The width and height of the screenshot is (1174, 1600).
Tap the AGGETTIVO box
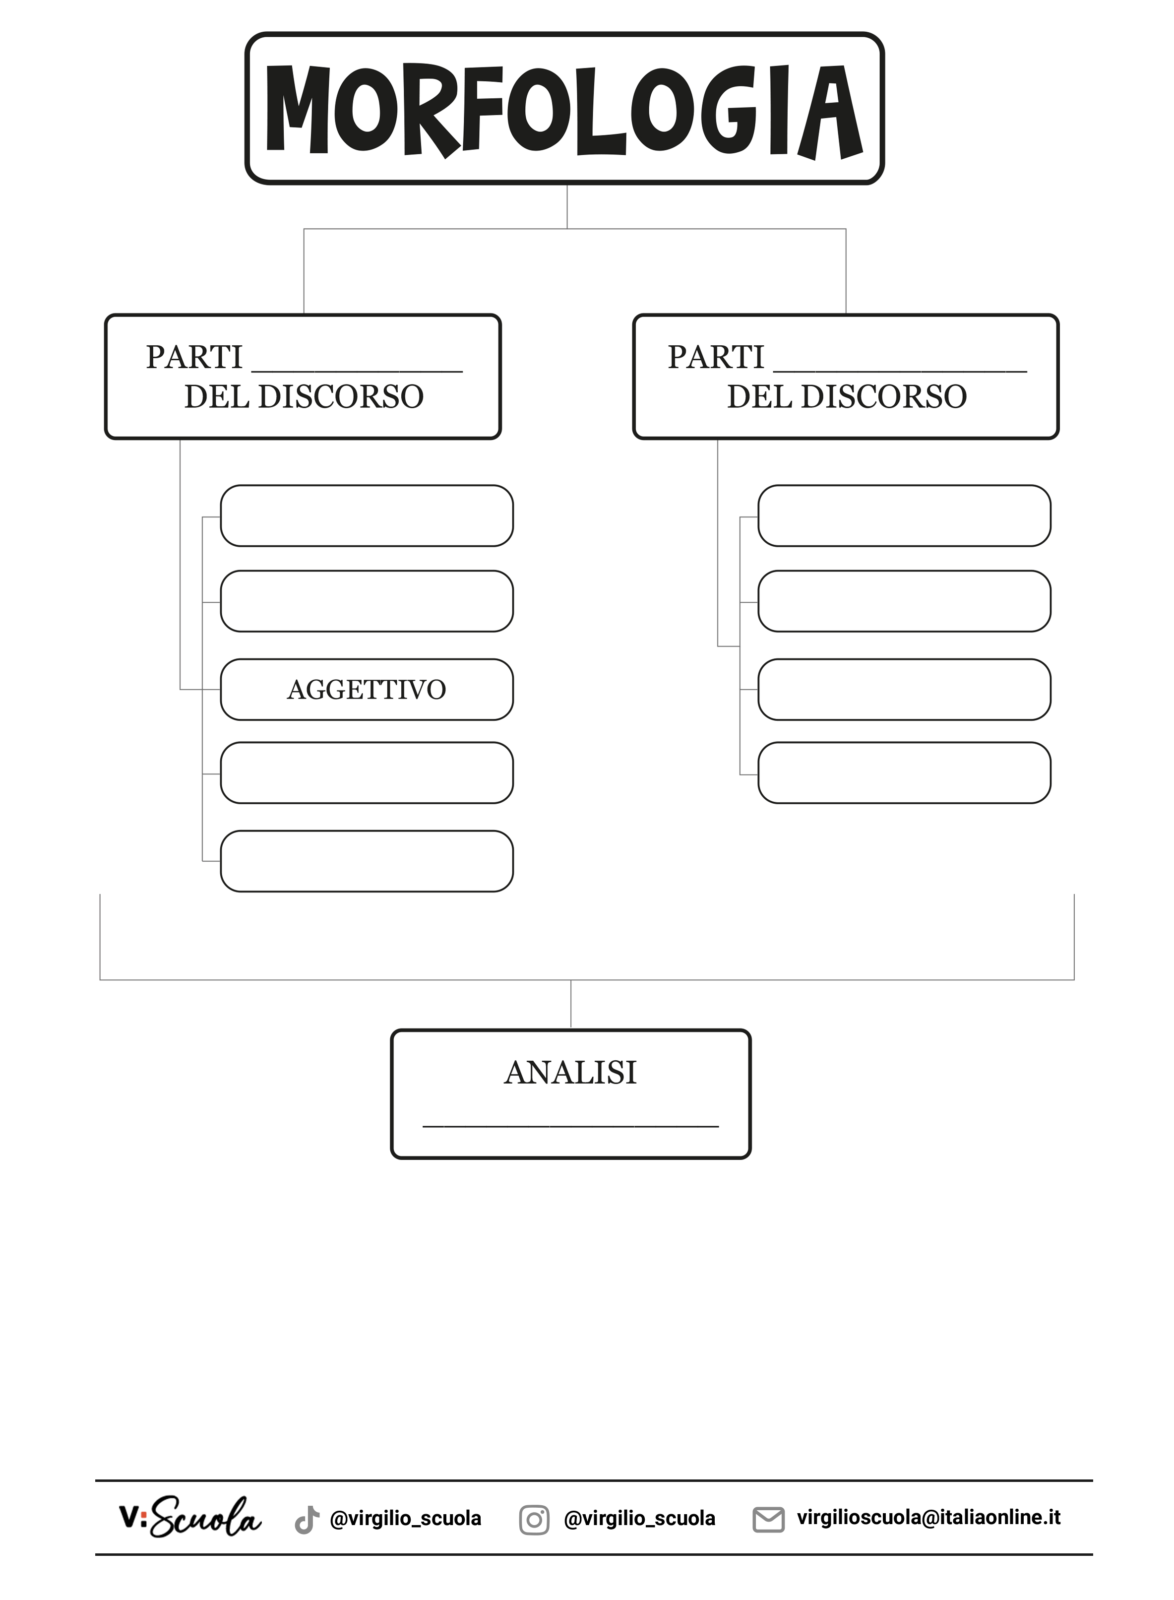click(x=367, y=690)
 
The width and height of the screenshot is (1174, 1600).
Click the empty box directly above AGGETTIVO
click(x=367, y=601)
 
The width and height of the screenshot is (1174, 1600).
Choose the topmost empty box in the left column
click(x=367, y=515)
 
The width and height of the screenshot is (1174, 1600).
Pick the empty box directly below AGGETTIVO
click(x=367, y=772)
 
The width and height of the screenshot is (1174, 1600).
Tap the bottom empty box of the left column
click(x=367, y=861)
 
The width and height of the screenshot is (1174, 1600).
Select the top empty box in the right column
click(x=904, y=515)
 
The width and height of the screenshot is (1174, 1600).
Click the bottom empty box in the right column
click(x=904, y=772)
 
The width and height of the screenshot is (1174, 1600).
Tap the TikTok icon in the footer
click(x=307, y=1520)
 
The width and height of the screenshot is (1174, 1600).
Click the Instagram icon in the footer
click(x=534, y=1520)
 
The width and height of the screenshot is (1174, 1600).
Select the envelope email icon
click(x=768, y=1519)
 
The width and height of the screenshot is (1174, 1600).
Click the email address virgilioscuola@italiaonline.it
click(x=928, y=1518)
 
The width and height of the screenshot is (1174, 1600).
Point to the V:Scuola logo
click(x=190, y=1518)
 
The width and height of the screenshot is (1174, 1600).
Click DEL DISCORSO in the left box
click(x=304, y=396)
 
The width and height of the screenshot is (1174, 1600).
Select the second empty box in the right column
click(x=904, y=601)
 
